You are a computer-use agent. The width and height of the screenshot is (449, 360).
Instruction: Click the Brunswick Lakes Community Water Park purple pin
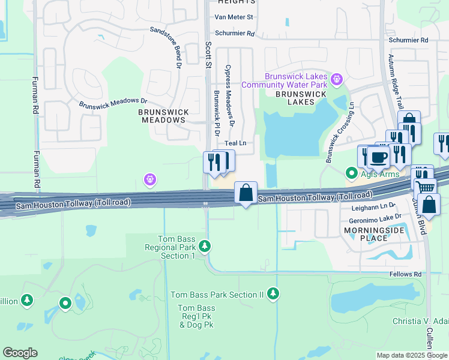coord(337,78)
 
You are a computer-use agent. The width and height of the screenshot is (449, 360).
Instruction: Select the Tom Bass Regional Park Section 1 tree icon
coord(205,246)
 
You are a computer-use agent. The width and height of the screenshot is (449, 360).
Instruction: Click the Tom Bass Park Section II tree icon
coord(273,293)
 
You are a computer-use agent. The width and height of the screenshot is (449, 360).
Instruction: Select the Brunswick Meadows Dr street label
coord(113,103)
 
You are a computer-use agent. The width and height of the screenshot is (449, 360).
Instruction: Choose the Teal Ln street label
coord(235,143)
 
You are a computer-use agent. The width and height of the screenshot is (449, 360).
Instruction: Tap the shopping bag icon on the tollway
coord(246,193)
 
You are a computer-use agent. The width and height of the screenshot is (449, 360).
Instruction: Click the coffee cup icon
coord(378,158)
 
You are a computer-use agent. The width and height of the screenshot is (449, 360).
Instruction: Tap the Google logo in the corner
coord(20,353)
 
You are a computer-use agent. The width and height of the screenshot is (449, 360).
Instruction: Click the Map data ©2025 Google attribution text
coord(412,355)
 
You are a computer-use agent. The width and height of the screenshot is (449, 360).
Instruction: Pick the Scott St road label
coord(209,53)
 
